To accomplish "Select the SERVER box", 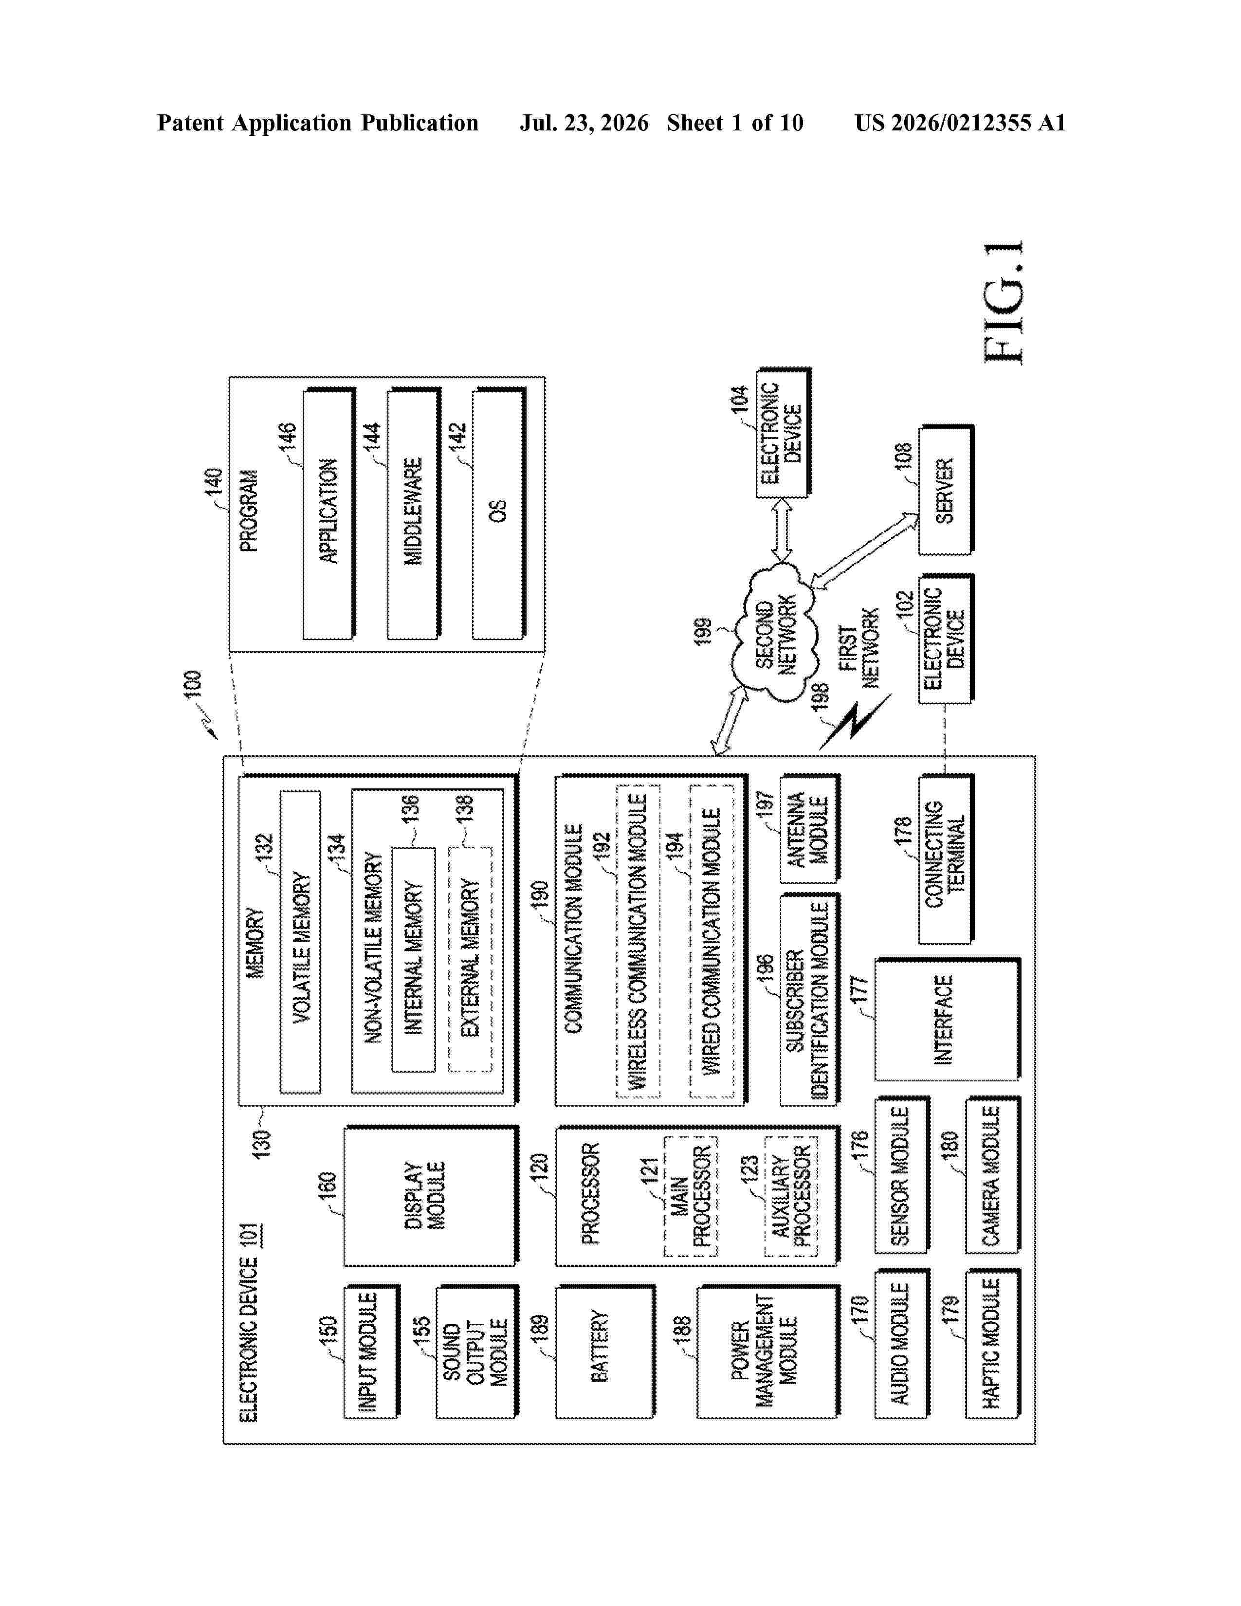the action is pyautogui.click(x=946, y=491).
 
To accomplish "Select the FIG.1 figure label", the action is pyautogui.click(x=1003, y=302).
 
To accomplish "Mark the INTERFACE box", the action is pyautogui.click(x=947, y=1019).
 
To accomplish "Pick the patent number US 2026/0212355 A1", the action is pyautogui.click(x=960, y=123).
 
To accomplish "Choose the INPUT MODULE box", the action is pyautogui.click(x=372, y=1351).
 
